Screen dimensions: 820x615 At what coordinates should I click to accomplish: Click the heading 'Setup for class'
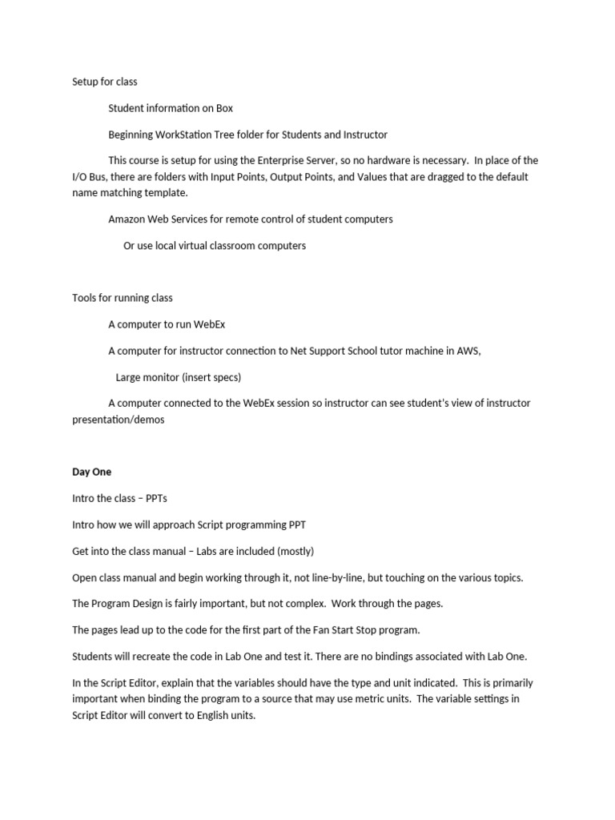(x=105, y=82)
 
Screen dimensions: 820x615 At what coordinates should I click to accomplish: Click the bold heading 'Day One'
(x=91, y=472)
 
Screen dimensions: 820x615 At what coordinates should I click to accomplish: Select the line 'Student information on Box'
(x=171, y=108)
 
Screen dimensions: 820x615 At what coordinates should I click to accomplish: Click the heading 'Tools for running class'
(x=122, y=298)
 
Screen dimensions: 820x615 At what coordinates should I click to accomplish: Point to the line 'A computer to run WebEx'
(x=172, y=324)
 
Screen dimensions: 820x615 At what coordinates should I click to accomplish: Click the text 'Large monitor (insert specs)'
(x=178, y=377)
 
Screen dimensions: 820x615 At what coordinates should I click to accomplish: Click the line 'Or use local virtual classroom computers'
(x=215, y=246)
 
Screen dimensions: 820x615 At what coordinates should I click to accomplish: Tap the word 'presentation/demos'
(x=119, y=420)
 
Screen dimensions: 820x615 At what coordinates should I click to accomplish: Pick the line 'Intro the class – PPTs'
(x=119, y=498)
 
